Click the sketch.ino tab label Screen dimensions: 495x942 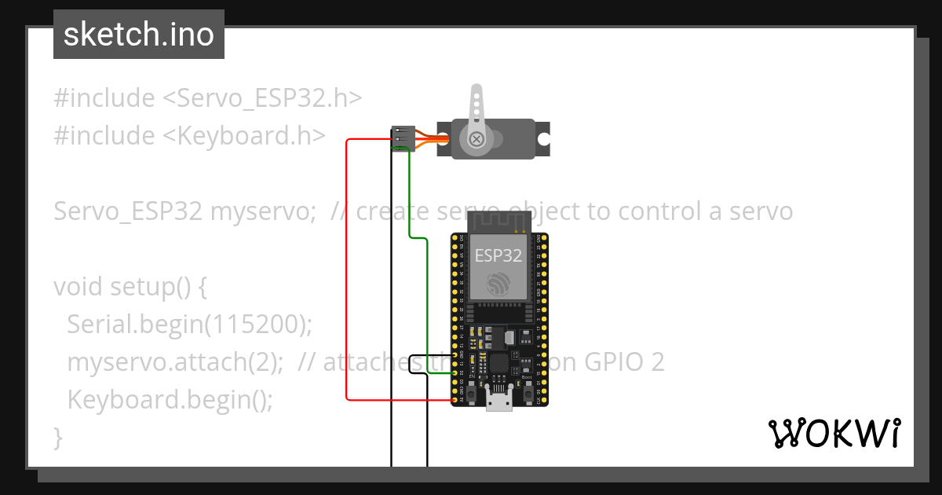[139, 35]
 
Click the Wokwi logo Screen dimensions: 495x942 [833, 433]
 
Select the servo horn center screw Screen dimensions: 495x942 [476, 140]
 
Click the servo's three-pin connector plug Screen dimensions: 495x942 [403, 138]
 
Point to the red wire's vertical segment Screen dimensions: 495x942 [347, 267]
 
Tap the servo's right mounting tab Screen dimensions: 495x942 [542, 139]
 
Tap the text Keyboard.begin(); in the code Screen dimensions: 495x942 [170, 400]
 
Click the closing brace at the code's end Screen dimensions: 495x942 [57, 437]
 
